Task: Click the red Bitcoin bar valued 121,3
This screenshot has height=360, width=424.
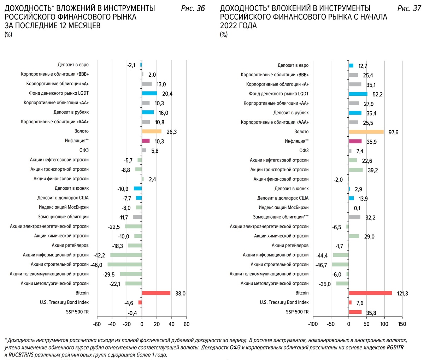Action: pyautogui.click(x=370, y=293)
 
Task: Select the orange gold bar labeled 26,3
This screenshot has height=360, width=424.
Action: pyautogui.click(x=152, y=131)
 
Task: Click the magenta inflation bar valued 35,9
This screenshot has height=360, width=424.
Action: pyautogui.click(x=355, y=141)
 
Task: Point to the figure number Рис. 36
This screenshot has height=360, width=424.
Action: pyautogui.click(x=193, y=8)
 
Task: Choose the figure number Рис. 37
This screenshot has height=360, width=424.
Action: pyautogui.click(x=409, y=8)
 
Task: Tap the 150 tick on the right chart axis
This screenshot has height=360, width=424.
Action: pyautogui.click(x=402, y=324)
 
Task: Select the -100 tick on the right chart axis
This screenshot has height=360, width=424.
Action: pyautogui.click(x=313, y=324)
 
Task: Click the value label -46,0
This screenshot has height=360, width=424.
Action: pyautogui.click(x=96, y=265)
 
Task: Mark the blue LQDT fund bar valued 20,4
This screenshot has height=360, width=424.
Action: pyautogui.click(x=149, y=93)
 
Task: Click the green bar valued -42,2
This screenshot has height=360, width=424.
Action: pyautogui.click(x=126, y=255)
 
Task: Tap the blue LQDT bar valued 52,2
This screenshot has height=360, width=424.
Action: pyautogui.click(x=358, y=94)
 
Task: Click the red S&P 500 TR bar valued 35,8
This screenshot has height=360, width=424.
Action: pyautogui.click(x=355, y=312)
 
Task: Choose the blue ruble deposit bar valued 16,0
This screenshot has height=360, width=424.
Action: pyautogui.click(x=148, y=112)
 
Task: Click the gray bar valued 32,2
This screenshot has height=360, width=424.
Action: pyautogui.click(x=354, y=217)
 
